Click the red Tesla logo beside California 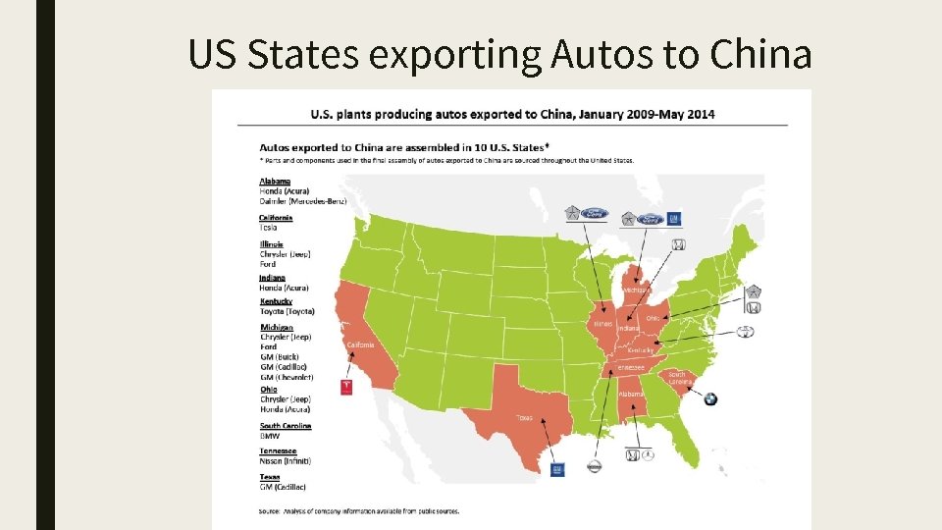[345, 387]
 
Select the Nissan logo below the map [594, 468]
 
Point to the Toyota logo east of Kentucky [747, 332]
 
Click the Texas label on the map [525, 417]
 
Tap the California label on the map [360, 345]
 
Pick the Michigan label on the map [636, 290]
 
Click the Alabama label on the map [631, 394]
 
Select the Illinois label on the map [602, 323]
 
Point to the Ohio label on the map [653, 318]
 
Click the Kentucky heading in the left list [276, 301]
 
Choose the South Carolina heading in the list [286, 426]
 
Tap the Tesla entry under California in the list [268, 228]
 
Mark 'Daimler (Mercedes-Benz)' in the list [301, 200]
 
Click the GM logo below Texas [558, 469]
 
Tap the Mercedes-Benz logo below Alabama [633, 455]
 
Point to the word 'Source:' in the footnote [270, 510]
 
